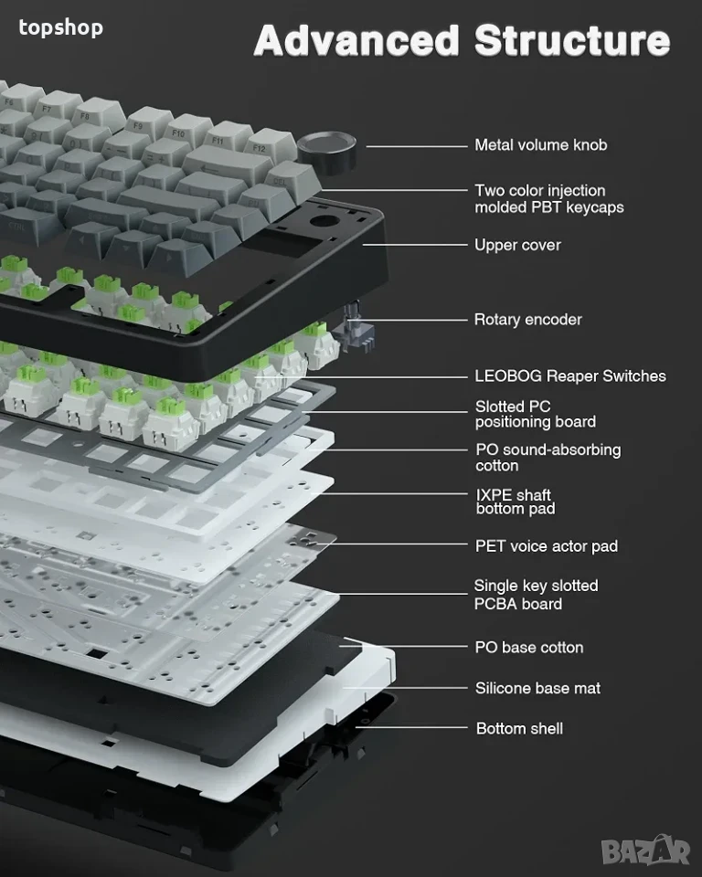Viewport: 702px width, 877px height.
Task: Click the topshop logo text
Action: [60, 27]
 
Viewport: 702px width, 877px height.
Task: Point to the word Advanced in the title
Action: [356, 40]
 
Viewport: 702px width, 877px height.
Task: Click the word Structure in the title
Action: [572, 40]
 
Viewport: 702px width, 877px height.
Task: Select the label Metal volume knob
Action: [541, 145]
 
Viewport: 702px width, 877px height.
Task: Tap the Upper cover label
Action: [517, 245]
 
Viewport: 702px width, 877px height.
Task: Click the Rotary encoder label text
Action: [528, 320]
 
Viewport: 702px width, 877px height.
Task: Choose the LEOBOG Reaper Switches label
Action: [570, 375]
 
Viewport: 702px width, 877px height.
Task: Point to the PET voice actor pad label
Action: [547, 546]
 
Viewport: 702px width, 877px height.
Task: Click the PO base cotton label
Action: [529, 647]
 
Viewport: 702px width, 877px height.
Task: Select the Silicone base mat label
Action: [537, 688]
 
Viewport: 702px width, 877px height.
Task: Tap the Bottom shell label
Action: [519, 728]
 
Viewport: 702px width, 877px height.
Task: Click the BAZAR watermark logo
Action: [645, 851]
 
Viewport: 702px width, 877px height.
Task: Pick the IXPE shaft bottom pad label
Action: [515, 502]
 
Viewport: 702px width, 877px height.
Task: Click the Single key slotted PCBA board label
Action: [536, 595]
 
